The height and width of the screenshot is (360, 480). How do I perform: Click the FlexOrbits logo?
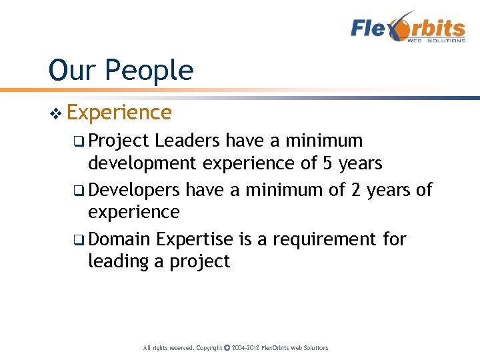click(x=408, y=27)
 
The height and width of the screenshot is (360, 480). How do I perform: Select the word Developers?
click(x=134, y=190)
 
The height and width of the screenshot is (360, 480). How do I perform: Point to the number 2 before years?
click(x=355, y=190)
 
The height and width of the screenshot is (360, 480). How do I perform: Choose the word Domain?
click(x=121, y=239)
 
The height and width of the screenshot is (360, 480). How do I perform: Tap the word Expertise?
click(x=195, y=239)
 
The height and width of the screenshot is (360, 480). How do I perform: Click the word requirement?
click(x=323, y=239)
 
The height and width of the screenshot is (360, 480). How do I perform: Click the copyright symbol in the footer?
click(x=227, y=348)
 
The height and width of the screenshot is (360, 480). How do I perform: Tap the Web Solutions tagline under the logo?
click(x=436, y=41)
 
